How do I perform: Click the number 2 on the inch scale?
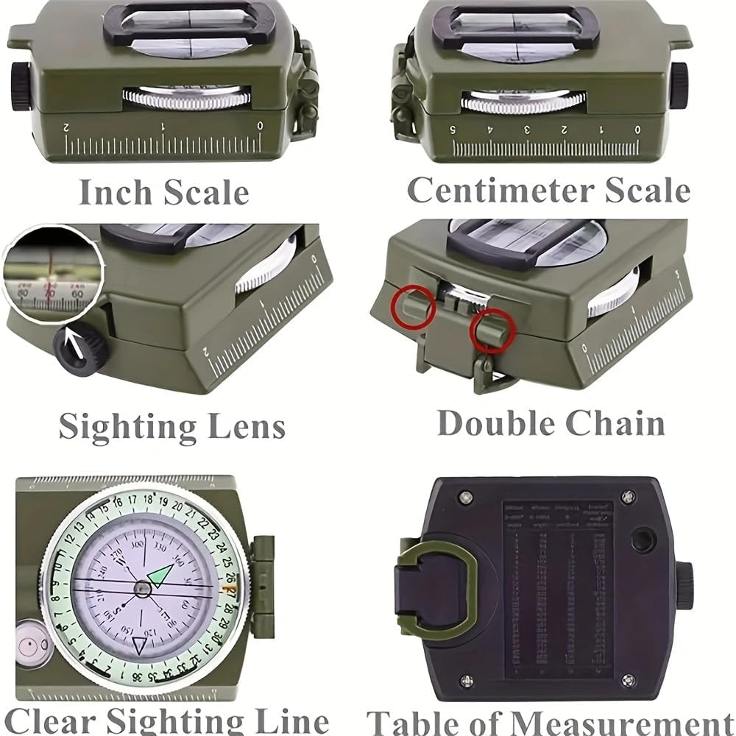coord(67,127)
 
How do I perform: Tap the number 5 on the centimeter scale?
coord(453,130)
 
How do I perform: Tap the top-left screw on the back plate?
coord(465,498)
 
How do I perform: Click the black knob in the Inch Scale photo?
coord(20,86)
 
